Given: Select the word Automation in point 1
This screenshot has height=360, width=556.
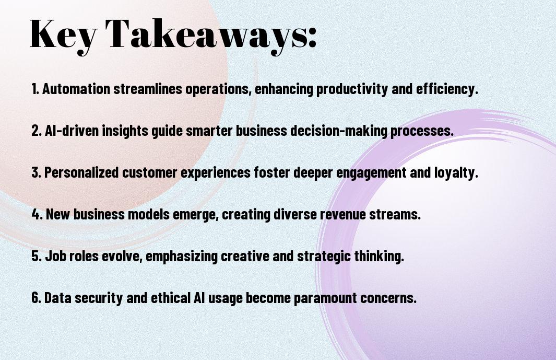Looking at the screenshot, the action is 76,89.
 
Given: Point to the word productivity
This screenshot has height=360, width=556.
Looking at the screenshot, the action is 352,89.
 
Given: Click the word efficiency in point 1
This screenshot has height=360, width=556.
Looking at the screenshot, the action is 447,89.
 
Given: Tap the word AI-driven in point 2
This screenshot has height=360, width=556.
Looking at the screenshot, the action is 72,131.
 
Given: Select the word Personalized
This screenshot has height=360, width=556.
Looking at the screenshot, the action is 81,172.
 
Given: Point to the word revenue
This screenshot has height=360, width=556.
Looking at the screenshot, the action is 343,215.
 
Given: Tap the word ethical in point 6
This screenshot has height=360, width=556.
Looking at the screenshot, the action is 171,298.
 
